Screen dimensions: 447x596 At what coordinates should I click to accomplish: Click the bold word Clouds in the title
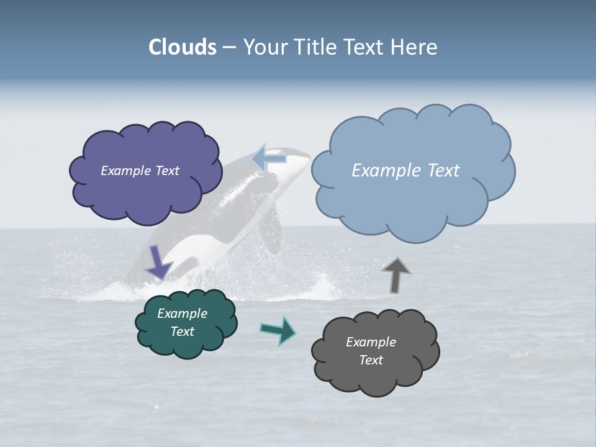coord(183,47)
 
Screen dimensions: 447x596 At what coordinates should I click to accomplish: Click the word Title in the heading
coord(316,47)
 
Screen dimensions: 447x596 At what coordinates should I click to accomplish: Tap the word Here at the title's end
coord(414,47)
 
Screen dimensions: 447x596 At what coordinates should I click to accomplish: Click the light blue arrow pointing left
coord(269,159)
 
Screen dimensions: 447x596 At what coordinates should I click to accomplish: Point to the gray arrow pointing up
coord(396,275)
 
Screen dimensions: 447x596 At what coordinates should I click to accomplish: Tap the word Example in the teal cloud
coord(182,314)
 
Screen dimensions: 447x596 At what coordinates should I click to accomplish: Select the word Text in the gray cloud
coord(371,360)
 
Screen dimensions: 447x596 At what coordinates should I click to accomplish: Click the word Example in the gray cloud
coord(371,342)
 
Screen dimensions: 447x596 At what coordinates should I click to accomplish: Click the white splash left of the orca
coord(112,292)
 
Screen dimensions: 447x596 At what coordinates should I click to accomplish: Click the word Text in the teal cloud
coord(182,332)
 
